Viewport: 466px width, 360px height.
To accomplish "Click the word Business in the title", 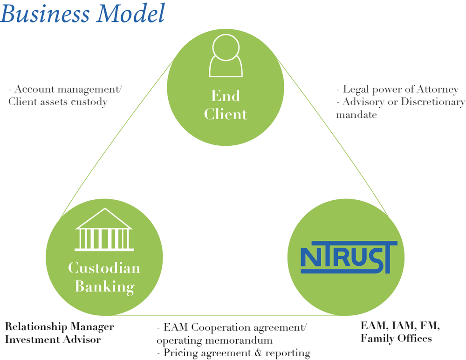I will point(45,14).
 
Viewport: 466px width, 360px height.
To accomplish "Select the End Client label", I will point(226,104).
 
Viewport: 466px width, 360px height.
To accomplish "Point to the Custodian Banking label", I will point(104,277).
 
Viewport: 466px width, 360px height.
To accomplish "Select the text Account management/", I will point(68,89).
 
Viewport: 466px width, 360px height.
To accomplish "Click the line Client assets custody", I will point(58,102).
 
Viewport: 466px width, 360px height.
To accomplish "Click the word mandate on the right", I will point(356,114).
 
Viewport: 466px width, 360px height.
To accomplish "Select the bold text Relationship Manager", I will point(59,326).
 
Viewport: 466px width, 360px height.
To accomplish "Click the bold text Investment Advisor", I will point(53,339).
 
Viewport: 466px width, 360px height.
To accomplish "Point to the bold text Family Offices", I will point(396,338).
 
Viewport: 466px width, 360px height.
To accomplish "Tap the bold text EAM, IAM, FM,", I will point(400,326).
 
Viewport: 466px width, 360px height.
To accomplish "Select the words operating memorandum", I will point(214,340).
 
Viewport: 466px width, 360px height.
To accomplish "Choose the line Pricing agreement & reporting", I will point(233,353).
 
